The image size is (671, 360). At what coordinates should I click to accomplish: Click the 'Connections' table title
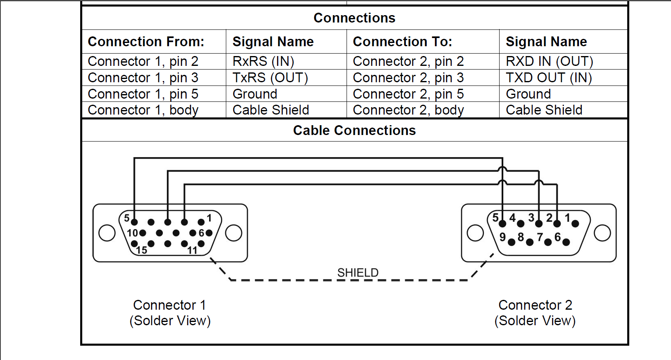pos(354,18)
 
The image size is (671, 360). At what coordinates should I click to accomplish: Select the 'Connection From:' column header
pos(146,42)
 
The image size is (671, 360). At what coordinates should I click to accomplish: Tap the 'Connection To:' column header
pos(402,42)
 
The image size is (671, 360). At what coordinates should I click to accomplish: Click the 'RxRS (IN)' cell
pos(263,61)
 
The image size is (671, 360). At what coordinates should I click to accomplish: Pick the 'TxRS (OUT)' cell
pos(270,78)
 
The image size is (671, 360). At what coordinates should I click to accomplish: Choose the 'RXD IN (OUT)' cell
pos(549,61)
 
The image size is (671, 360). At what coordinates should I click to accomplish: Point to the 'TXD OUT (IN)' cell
pos(549,78)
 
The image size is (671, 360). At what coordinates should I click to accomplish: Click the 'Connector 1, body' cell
pos(143,110)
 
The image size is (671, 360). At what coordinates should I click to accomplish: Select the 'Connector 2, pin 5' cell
pos(408,94)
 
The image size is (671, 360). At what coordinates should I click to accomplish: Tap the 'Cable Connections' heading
pos(354,130)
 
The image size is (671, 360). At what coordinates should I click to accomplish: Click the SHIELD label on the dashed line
pos(358,272)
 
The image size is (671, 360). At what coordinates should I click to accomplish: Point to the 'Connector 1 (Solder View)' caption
pos(170,313)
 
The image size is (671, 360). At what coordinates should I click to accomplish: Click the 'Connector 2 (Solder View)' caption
pos(535,313)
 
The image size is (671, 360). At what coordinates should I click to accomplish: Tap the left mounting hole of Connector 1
pos(107,233)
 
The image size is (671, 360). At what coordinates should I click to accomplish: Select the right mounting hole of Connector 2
pos(602,233)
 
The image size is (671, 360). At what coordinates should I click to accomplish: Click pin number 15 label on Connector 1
pos(142,250)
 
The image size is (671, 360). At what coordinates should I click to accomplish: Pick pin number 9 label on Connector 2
pos(503,237)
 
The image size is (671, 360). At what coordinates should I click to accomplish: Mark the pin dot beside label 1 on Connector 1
pos(201,222)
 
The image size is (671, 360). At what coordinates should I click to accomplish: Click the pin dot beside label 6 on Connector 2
pos(566,242)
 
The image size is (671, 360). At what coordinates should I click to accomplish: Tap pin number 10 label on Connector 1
pos(133,233)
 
